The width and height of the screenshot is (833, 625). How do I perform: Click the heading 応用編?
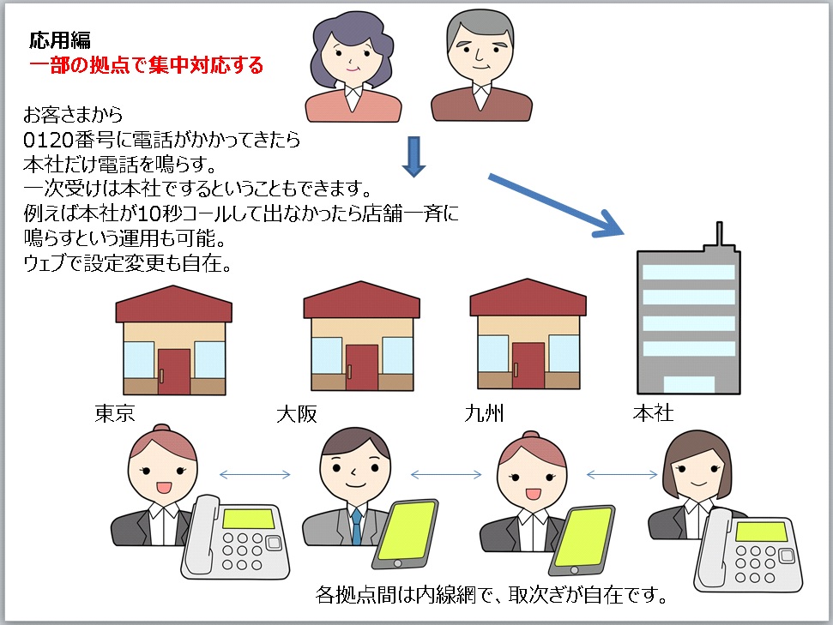[x=59, y=40]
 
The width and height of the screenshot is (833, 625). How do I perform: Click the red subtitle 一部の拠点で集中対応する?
[x=146, y=65]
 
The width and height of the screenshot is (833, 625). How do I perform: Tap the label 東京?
[x=115, y=412]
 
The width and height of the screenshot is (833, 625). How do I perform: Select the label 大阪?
[x=297, y=413]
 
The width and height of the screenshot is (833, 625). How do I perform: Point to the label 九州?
[x=484, y=412]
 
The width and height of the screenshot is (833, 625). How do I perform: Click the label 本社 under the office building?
[x=653, y=412]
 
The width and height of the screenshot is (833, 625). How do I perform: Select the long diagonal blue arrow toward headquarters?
[x=556, y=204]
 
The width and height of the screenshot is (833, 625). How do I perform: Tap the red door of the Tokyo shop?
[x=173, y=371]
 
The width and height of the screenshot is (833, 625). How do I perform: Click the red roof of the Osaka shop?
[x=361, y=299]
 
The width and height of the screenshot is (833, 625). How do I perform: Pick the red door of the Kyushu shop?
[x=528, y=366]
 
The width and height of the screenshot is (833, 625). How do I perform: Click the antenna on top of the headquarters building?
[x=719, y=234]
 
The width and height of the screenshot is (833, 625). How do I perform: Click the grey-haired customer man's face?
[x=480, y=53]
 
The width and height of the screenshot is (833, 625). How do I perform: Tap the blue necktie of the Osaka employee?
[x=357, y=526]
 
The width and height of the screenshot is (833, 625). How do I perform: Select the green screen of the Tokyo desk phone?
[x=248, y=519]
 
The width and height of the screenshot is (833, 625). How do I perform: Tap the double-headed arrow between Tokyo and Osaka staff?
[x=255, y=475]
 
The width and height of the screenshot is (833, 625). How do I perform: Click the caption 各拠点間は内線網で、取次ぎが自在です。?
[x=491, y=595]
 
